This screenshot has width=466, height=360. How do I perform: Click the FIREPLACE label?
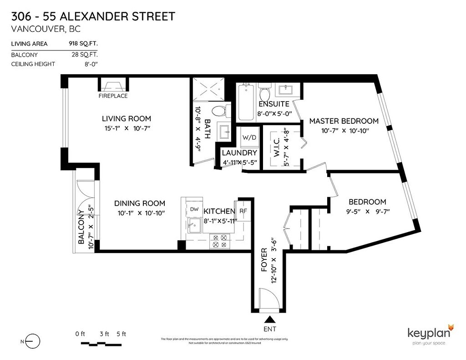click(113, 96)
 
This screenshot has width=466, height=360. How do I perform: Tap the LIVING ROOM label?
click(126, 119)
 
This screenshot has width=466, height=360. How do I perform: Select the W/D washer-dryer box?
click(248, 137)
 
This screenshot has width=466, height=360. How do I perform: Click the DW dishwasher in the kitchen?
click(194, 209)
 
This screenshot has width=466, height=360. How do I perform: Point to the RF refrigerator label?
click(243, 211)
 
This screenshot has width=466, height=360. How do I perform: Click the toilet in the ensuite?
click(264, 93)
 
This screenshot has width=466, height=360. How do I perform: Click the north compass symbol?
click(32, 341)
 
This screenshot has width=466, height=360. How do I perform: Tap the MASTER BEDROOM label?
click(344, 121)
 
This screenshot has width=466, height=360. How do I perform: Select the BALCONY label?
click(81, 227)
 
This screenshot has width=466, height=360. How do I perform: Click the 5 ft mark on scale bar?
click(121, 334)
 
